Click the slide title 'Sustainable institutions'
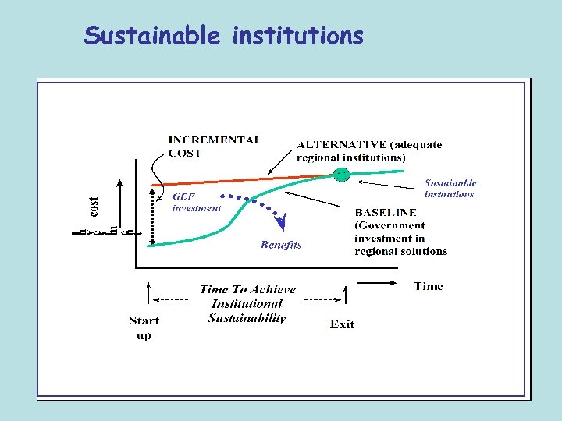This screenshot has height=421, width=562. [224, 36]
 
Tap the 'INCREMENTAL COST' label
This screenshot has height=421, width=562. [215, 147]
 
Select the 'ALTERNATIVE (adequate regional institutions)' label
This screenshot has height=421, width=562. [369, 150]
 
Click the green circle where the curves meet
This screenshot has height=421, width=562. [341, 175]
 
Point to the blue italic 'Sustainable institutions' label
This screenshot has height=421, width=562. [450, 189]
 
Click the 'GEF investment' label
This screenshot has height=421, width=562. [196, 203]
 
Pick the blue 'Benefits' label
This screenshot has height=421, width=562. [281, 245]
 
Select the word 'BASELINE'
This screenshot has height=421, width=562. [386, 212]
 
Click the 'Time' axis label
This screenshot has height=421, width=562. [428, 286]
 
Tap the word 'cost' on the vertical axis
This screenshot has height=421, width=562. [93, 207]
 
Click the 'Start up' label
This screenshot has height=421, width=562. [144, 327]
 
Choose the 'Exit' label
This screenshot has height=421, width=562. [342, 324]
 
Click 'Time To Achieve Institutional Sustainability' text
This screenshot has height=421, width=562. [247, 303]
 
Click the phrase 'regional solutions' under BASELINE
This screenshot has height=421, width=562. [400, 251]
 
